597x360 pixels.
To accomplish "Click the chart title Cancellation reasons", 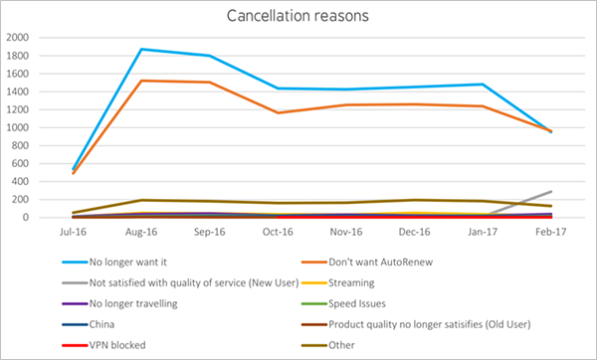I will (x=298, y=16).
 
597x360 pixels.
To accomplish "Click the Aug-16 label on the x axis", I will (x=140, y=233).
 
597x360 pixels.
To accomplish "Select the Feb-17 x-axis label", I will (x=552, y=233).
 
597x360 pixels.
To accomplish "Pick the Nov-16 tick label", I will (x=346, y=233).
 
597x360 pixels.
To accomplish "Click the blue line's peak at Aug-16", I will (x=140, y=49).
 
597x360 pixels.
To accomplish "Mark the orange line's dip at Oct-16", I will (x=278, y=112).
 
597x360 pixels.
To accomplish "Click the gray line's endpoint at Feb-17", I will (x=552, y=191).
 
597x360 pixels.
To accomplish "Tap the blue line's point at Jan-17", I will (x=484, y=84).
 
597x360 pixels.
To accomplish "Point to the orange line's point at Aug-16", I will (x=140, y=81).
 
